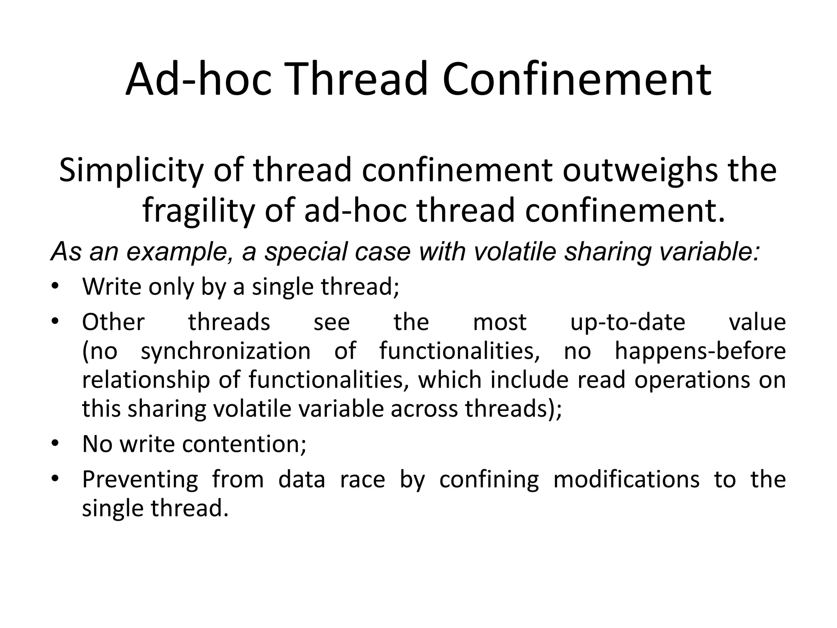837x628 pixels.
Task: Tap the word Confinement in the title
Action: click(577, 79)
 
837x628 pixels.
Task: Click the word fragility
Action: click(198, 211)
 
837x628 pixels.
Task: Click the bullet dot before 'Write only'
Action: click(55, 286)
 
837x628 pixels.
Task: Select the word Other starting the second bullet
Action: click(113, 322)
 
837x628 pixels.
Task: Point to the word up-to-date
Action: click(627, 322)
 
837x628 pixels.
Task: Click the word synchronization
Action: click(226, 351)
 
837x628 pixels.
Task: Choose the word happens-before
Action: click(700, 351)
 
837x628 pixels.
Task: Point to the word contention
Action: click(244, 444)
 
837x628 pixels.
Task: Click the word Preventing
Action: click(140, 479)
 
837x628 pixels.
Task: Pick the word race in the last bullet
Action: click(362, 479)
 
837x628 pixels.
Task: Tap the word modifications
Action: click(626, 479)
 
